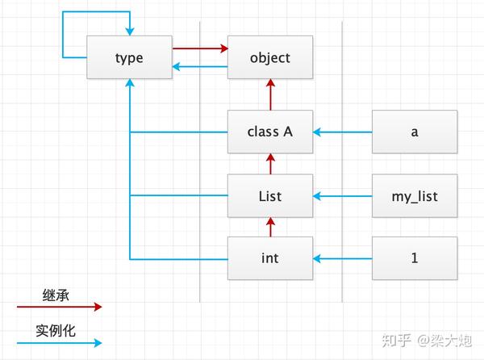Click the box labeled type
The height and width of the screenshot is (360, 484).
[x=130, y=58]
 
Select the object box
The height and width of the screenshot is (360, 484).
[x=270, y=58]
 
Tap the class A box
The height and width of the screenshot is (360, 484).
[x=270, y=132]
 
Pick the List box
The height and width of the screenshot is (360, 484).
[x=270, y=195]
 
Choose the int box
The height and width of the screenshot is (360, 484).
[x=270, y=258]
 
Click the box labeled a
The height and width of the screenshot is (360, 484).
[x=414, y=132]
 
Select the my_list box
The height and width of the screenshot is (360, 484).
[x=414, y=195]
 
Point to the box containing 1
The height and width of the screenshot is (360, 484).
[x=414, y=258]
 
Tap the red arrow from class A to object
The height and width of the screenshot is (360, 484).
[x=270, y=95]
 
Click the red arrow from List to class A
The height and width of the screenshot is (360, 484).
[x=270, y=164]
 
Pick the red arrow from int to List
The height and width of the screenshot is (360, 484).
[x=270, y=227]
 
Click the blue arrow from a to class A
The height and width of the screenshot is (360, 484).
[x=342, y=132]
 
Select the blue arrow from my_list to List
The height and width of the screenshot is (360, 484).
[x=342, y=195]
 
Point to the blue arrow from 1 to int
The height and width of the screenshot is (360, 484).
[x=342, y=258]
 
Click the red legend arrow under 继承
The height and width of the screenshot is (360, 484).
[x=60, y=307]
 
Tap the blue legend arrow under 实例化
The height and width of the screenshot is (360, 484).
[x=60, y=343]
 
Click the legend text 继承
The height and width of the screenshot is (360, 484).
[x=56, y=295]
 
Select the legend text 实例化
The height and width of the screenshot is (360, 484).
[x=56, y=331]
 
